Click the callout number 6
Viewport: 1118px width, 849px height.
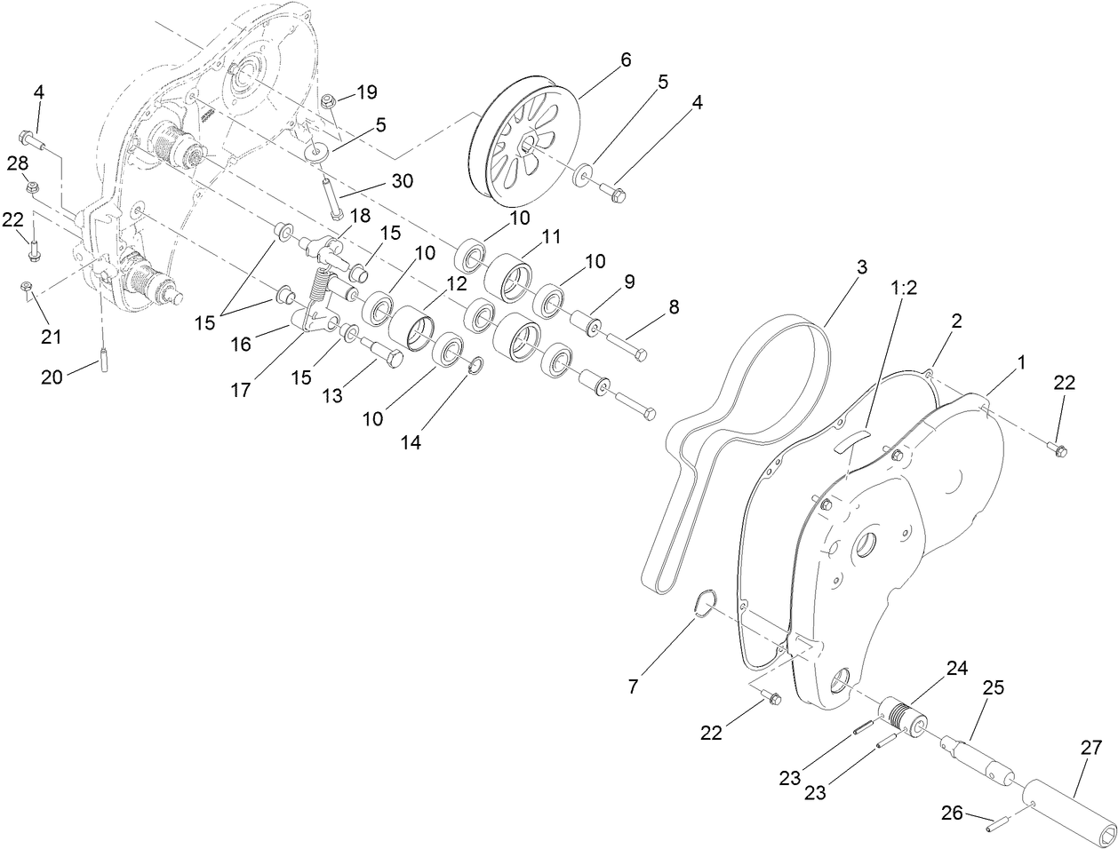[x=625, y=60]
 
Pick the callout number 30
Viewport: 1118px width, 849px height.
[x=402, y=180]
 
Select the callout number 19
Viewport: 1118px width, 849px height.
[x=367, y=91]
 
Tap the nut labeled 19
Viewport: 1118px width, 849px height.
[x=328, y=100]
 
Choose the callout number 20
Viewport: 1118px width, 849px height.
[x=53, y=377]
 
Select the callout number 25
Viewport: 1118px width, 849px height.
[x=994, y=687]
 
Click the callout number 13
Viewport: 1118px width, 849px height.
[x=331, y=396]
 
